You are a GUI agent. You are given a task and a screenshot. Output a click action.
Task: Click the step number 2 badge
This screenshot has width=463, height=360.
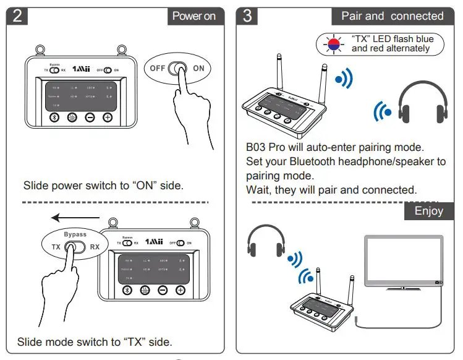click(x=17, y=15)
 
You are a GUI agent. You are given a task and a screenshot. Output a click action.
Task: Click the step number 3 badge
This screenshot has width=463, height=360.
click(x=248, y=15)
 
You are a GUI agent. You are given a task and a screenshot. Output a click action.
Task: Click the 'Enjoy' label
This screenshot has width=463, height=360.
click(x=428, y=211)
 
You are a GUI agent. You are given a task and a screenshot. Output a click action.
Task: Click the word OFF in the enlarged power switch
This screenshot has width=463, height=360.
click(x=158, y=68)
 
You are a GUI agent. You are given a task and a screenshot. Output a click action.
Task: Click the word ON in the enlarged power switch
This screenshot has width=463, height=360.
click(x=198, y=68)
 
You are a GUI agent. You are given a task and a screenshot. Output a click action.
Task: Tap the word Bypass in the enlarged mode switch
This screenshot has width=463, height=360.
click(x=75, y=234)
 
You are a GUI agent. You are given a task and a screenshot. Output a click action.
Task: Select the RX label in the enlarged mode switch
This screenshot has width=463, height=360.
click(x=95, y=247)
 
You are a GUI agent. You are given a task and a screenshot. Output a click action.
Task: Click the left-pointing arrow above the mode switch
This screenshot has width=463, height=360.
click(x=74, y=218)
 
